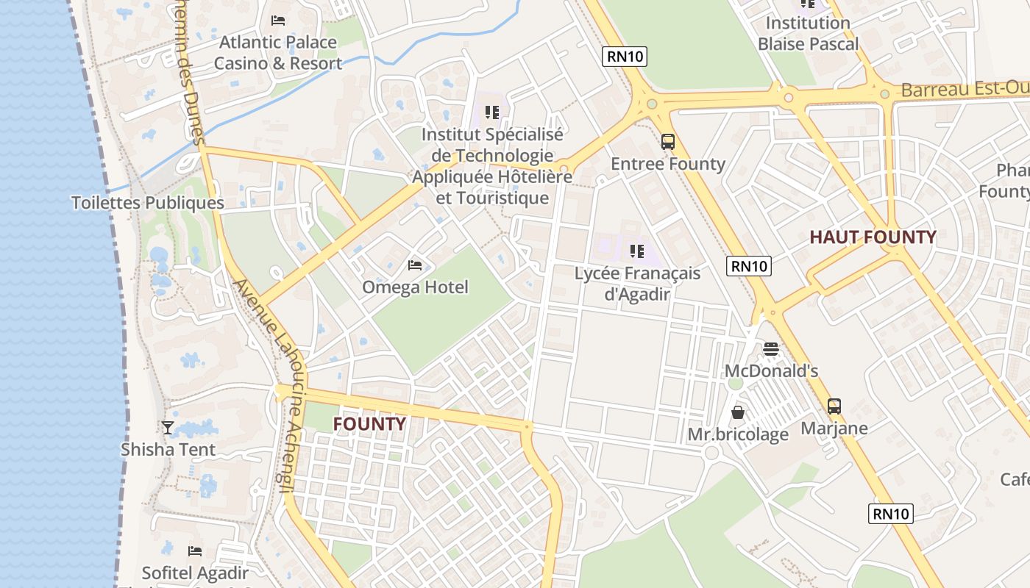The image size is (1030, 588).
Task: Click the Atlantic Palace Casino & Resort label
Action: pos(278,53)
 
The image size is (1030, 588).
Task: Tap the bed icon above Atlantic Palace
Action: pos(278,20)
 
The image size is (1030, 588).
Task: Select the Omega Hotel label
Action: pos(415,287)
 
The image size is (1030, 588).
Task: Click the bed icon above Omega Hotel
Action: pos(415,265)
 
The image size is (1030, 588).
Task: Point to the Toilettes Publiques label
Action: pos(147,203)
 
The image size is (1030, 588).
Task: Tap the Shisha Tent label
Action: pos(168,450)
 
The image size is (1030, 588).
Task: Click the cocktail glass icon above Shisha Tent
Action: pos(168,427)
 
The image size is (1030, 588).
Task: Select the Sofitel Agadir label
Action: pos(195,573)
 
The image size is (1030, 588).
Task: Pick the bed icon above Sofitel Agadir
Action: pos(195,551)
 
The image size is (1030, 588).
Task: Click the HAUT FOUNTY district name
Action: pos(873,237)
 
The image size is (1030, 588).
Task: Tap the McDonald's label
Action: pos(771,371)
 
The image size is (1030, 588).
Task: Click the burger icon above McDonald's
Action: pos(771,348)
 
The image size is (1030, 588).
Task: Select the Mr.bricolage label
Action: pos(738,434)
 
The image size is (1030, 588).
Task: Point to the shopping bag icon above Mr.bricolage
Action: pos(738,412)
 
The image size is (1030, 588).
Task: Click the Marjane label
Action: pos(834,429)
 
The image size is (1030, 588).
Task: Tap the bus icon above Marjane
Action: pos(834,406)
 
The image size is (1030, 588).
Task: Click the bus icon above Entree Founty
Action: pos(668,141)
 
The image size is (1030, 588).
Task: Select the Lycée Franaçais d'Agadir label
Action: pos(637,284)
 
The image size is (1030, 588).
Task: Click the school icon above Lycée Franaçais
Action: pos(637,251)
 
